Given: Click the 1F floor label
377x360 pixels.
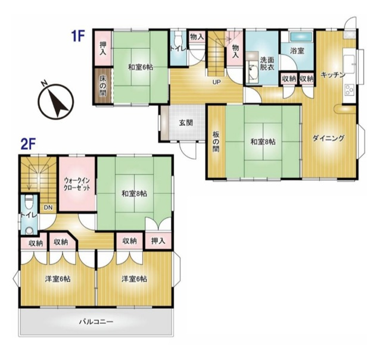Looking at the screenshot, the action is click(77, 37).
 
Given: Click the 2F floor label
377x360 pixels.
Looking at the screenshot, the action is click(28, 145).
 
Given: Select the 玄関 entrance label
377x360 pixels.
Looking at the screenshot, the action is click(186, 123).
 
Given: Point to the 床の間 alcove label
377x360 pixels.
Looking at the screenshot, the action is click(103, 86).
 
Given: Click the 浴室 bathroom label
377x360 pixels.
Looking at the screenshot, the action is click(297, 51).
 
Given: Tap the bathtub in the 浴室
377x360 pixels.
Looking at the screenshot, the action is click(301, 37).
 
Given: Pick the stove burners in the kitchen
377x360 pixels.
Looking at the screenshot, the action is click(349, 90).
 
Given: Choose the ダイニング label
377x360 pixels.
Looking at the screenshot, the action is click(329, 138).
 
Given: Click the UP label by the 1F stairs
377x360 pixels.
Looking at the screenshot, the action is click(216, 82).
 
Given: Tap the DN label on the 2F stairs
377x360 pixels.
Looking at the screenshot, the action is click(48, 207).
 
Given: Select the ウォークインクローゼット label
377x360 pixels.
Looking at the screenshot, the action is click(77, 184).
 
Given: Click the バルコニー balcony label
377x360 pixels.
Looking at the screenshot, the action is click(96, 321).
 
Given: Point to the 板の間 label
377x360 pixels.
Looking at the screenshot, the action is click(216, 142).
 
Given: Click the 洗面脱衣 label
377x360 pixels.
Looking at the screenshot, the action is click(267, 64).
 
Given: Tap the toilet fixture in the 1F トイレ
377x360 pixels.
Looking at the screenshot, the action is click(177, 37).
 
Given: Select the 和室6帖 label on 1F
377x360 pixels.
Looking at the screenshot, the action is click(141, 67).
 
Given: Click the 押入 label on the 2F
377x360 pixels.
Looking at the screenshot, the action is click(158, 241).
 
